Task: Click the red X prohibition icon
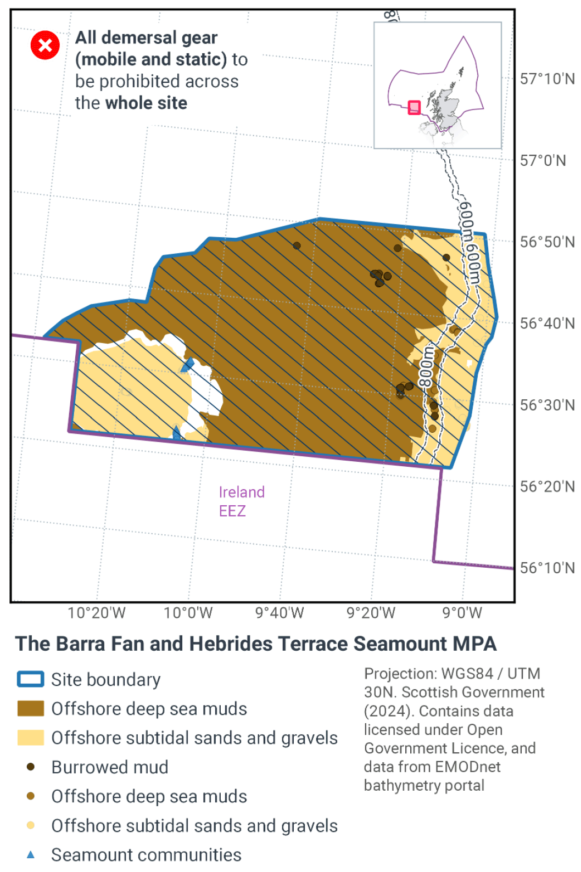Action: [45, 45]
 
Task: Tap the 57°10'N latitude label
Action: [547, 79]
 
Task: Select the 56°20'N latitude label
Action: [547, 487]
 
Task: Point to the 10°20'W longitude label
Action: [97, 613]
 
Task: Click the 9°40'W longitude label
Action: [280, 613]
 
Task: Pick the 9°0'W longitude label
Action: [462, 613]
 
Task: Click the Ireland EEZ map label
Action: [241, 501]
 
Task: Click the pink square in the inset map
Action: [414, 107]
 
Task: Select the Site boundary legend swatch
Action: [31, 679]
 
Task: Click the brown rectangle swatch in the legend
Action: [31, 708]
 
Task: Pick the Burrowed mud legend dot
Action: [31, 767]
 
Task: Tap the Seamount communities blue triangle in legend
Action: [31, 854]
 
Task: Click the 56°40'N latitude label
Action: [547, 323]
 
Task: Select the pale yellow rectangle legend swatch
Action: [31, 737]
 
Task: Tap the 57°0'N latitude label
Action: [543, 160]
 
